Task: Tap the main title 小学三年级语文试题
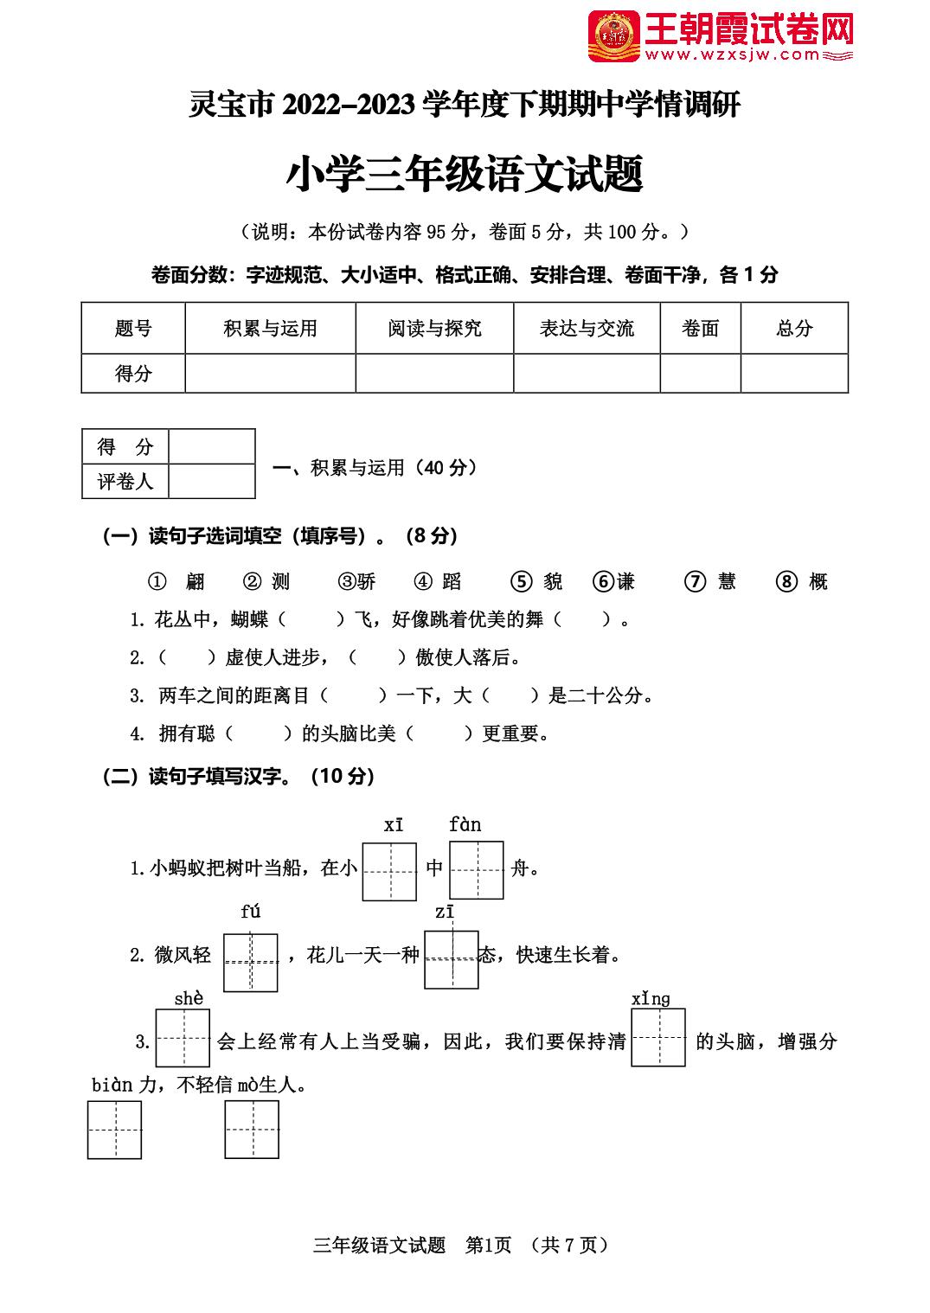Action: pos(465,174)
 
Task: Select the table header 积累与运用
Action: pos(270,329)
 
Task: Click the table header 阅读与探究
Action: pos(434,329)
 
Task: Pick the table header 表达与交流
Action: pos(587,329)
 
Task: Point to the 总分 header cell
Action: pos(794,329)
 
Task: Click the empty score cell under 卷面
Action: pos(700,374)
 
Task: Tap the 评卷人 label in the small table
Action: pos(125,482)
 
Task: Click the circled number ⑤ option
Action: pos(521,582)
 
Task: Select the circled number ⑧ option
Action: pos(786,582)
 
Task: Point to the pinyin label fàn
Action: pos(465,824)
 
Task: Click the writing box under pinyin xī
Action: pos(389,871)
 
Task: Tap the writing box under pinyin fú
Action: pos(251,962)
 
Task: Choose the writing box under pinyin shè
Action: pos(183,1038)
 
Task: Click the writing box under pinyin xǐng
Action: pos(658,1038)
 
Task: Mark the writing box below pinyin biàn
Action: pos(114,1130)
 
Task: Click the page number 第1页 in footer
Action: pos(489,1246)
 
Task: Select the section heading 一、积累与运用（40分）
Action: pos(375,468)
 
